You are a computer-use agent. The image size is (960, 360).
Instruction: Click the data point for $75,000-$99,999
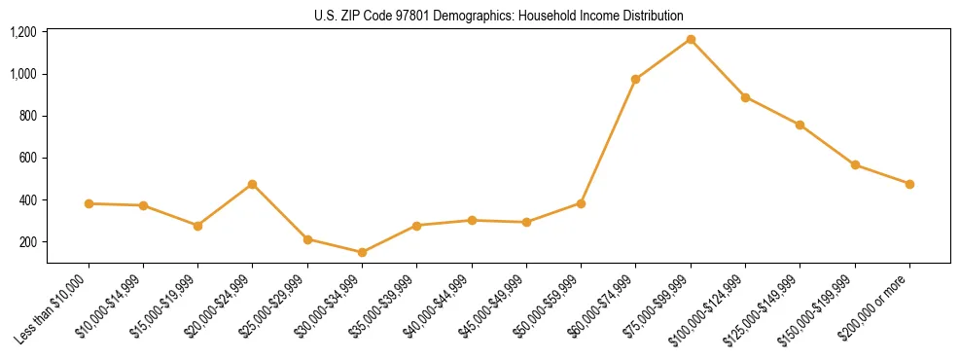point(691,40)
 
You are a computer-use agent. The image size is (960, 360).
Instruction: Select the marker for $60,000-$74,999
point(635,80)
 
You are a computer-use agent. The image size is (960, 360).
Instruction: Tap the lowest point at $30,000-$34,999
point(362,252)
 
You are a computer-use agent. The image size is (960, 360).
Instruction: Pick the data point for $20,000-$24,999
point(253,184)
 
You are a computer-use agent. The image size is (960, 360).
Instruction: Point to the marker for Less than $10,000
point(89,203)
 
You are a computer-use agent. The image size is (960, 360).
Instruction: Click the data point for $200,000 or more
point(909,184)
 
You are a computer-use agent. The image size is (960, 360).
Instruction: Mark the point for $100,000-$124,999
point(745,97)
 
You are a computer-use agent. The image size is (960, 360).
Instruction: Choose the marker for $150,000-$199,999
point(855,165)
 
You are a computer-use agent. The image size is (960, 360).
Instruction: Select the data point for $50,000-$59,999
point(581,203)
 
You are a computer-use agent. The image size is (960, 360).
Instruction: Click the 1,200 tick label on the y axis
point(23,32)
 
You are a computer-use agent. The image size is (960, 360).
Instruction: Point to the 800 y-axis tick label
point(28,116)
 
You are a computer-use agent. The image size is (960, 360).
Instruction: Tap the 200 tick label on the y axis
point(28,241)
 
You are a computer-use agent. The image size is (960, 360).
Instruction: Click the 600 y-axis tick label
point(28,158)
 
